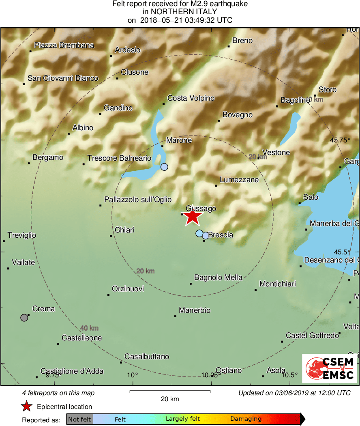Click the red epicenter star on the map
coord(192,217)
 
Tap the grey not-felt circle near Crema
coord(24,317)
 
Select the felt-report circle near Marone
coord(164,167)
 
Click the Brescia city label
coord(221,235)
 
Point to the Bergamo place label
coord(48,157)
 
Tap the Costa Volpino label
coord(191,98)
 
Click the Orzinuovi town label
coord(128,289)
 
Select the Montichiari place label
coord(278,284)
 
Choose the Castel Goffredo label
coord(312,336)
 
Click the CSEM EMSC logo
coord(329,368)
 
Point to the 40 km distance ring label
coord(89,328)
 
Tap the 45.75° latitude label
coord(340,140)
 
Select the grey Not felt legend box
coord(79,419)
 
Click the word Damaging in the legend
coord(246,419)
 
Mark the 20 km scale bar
coord(170,392)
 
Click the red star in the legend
coord(27,407)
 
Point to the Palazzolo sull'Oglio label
coord(138,200)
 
